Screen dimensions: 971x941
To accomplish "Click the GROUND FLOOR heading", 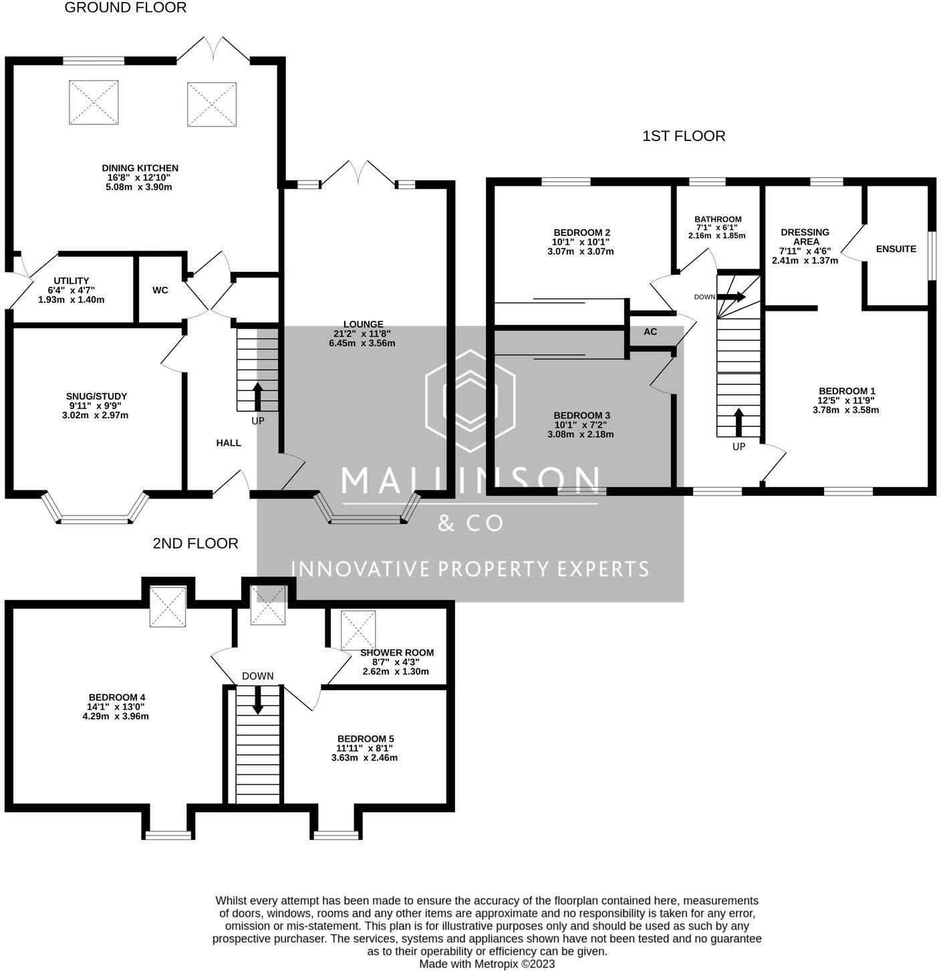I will [x=125, y=8].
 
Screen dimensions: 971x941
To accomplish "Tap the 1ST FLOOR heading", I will [x=683, y=136].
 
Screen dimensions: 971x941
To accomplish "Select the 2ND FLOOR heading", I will [x=195, y=544].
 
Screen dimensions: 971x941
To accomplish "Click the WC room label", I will [x=160, y=291].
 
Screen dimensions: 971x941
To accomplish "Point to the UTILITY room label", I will [x=72, y=281].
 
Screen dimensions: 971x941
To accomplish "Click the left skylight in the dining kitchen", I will [x=94, y=102].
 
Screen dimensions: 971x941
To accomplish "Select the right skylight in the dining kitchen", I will [x=212, y=104].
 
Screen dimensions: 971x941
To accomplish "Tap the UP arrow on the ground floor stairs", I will [x=257, y=395].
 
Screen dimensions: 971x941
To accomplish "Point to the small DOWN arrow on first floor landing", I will [x=731, y=297].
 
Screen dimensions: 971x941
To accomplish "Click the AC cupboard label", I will [x=650, y=332].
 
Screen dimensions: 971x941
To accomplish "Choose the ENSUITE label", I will [x=896, y=249].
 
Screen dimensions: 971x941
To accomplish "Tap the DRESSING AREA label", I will [x=805, y=237].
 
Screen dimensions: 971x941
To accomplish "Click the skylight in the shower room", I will [x=358, y=630].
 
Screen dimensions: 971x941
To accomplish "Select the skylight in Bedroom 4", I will [x=167, y=607].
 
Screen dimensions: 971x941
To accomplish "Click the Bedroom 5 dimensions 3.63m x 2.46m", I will [x=364, y=758].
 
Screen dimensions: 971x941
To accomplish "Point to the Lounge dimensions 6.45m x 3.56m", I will [x=362, y=343].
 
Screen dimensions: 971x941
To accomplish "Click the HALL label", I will [x=229, y=443].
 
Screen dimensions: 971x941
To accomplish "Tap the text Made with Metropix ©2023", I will [x=487, y=964].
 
